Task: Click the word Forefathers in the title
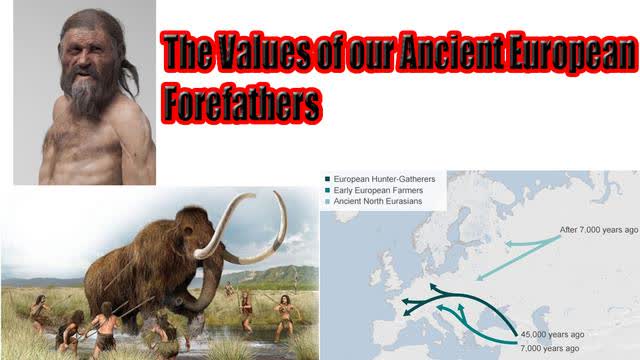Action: (x=242, y=103)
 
